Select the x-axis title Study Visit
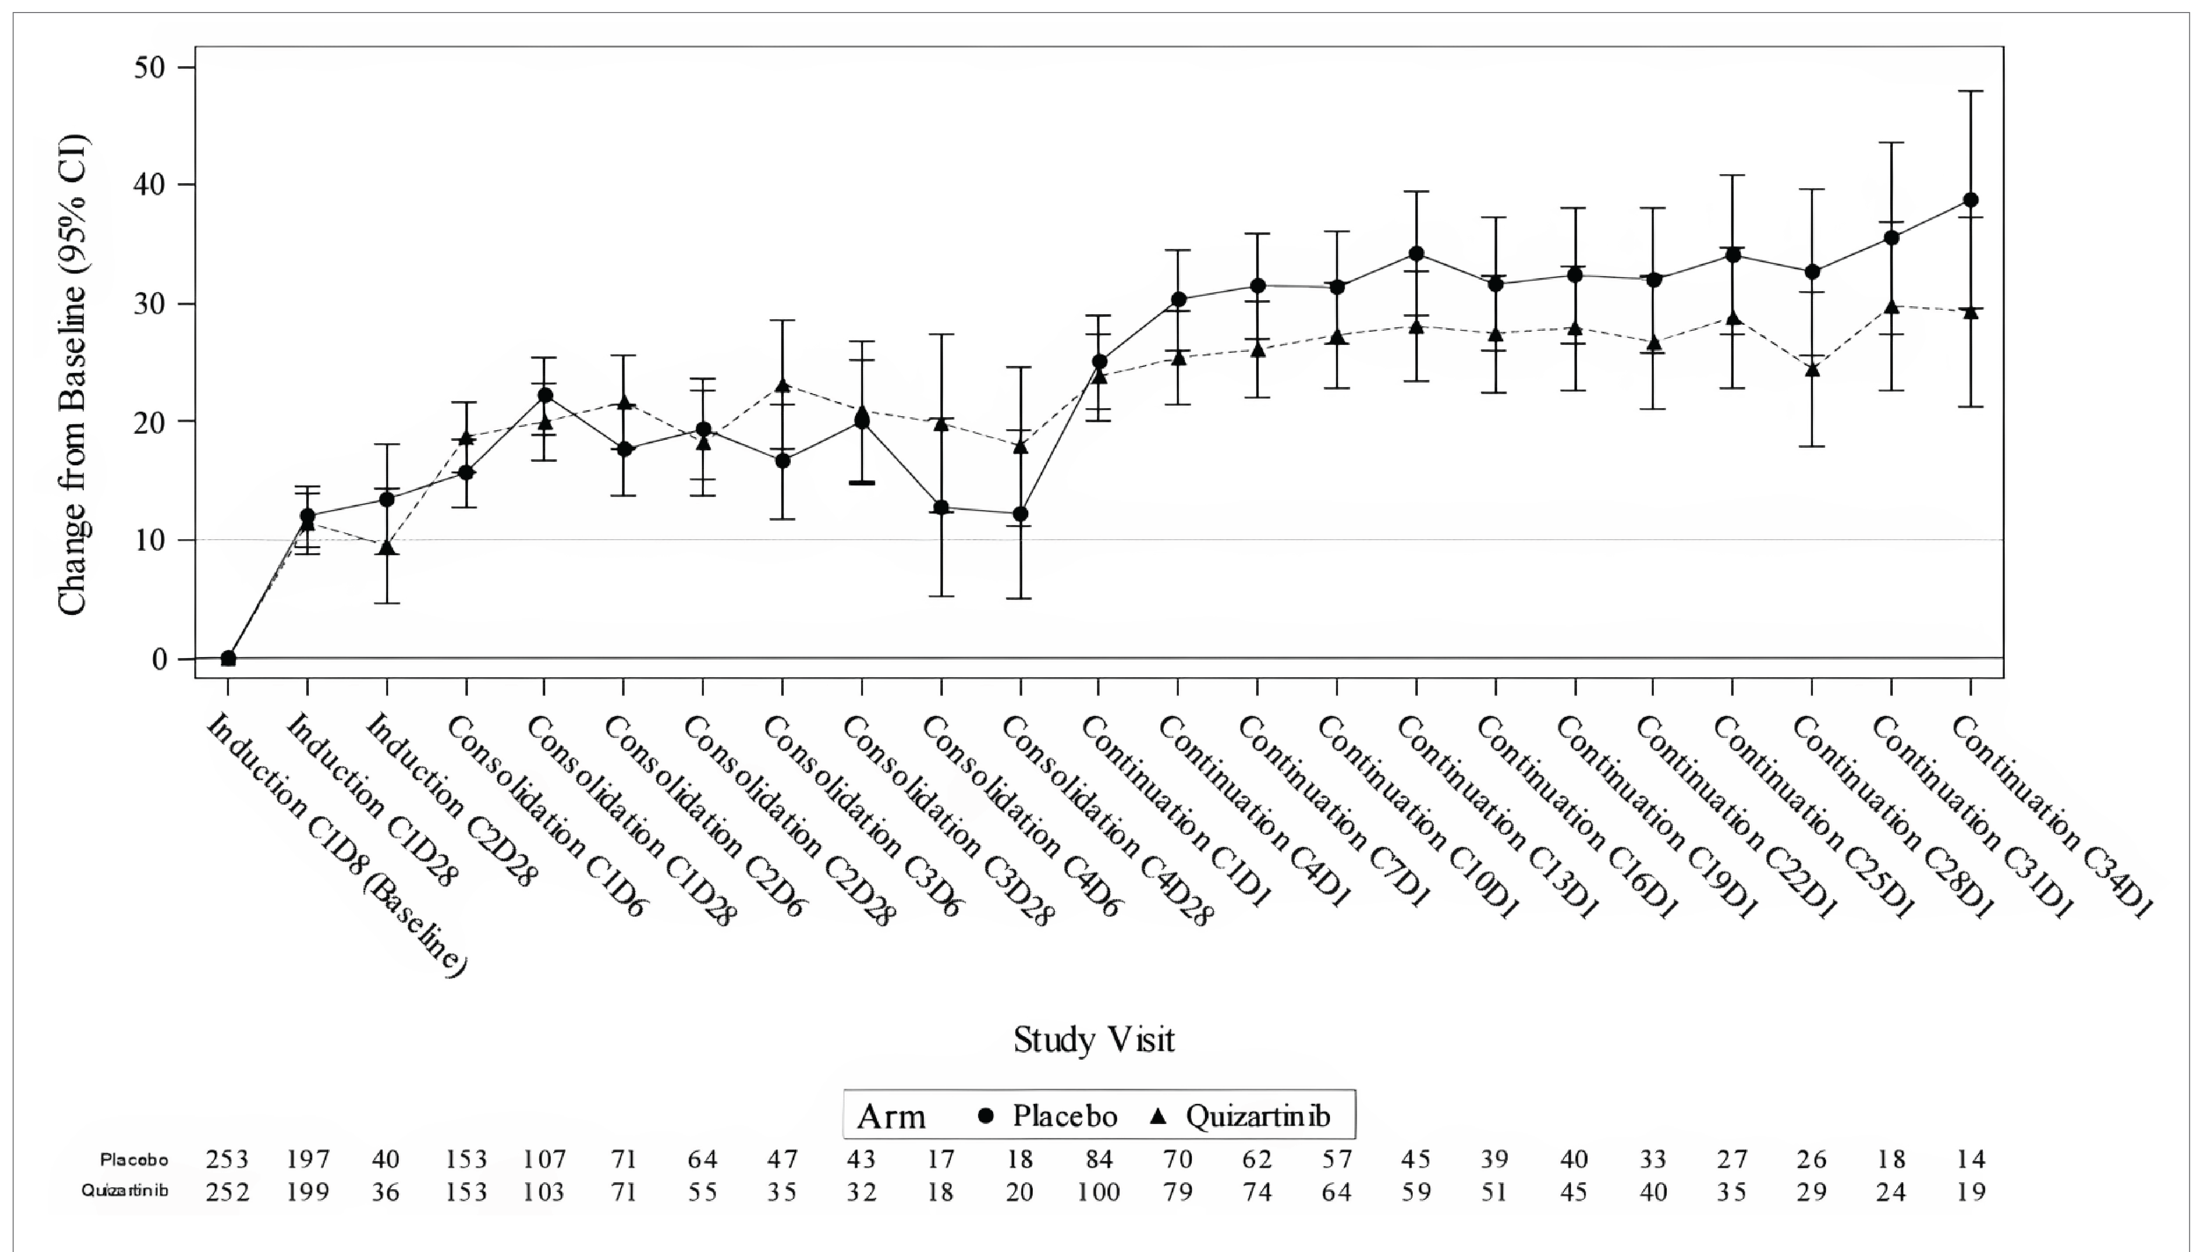tap(1093, 1040)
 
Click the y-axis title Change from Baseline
tap(73, 374)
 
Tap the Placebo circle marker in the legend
tap(986, 1116)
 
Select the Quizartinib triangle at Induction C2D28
tap(387, 548)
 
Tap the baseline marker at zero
tap(228, 659)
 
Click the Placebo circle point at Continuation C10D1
tap(1416, 254)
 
